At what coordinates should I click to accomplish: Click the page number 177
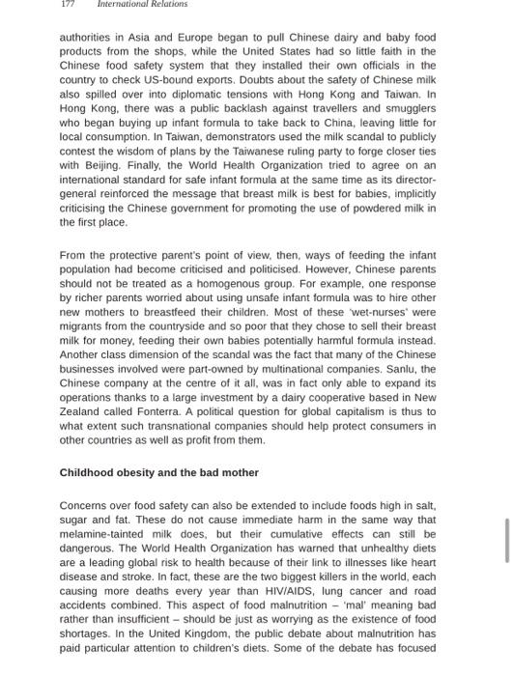click(x=68, y=5)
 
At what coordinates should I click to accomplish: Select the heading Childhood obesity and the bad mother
click(x=159, y=473)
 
